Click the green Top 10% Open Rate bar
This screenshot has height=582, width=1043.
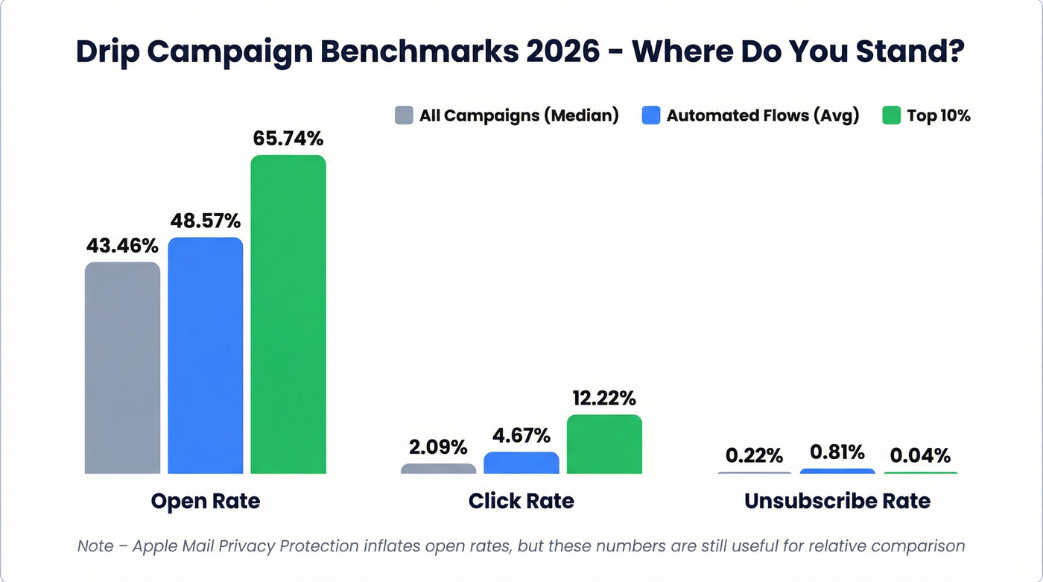tap(288, 314)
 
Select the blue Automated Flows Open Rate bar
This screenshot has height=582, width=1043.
tap(206, 355)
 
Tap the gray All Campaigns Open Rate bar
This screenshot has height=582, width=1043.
tap(122, 367)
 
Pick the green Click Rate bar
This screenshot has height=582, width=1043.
tap(604, 444)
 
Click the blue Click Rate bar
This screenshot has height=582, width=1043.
tap(521, 463)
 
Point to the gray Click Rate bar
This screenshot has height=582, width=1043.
tap(438, 469)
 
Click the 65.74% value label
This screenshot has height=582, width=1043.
tap(288, 139)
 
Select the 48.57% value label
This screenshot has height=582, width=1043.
tap(206, 221)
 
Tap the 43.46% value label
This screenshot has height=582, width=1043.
tap(122, 245)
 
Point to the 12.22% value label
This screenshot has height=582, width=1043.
tap(604, 398)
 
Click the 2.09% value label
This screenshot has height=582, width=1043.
tap(438, 447)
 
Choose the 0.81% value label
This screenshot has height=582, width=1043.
tap(837, 452)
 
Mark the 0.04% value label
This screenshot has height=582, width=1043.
tap(921, 455)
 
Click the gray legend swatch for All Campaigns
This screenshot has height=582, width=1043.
tap(404, 116)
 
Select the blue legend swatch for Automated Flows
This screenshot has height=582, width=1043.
tap(650, 116)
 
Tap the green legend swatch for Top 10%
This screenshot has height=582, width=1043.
tap(891, 116)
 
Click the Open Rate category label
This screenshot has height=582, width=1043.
tap(206, 501)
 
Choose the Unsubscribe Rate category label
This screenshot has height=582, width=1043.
tap(837, 501)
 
